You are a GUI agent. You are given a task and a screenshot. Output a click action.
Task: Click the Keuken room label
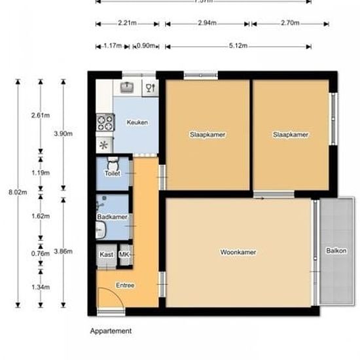click(x=137, y=122)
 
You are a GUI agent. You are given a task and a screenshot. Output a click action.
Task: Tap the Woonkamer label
click(x=238, y=251)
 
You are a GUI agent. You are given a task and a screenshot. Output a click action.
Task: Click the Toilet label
click(x=113, y=173)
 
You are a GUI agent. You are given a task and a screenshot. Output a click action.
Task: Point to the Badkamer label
click(x=111, y=217)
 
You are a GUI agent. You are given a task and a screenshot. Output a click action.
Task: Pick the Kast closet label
click(x=106, y=255)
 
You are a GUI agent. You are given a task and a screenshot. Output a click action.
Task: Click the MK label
click(x=124, y=255)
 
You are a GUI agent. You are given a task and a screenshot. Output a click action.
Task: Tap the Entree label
click(x=126, y=285)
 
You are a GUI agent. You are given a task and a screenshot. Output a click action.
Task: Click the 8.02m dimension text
click(x=18, y=192)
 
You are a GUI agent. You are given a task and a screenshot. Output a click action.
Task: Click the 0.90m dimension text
click(x=146, y=46)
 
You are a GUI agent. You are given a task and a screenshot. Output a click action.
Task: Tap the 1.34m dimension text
click(x=41, y=287)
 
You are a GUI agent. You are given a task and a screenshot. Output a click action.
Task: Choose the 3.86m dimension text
click(x=63, y=251)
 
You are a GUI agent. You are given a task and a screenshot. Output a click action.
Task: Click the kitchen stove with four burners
click(x=105, y=122)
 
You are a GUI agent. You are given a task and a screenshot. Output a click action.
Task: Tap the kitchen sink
click(x=126, y=86)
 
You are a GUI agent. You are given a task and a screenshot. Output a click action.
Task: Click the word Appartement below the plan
click(x=111, y=331)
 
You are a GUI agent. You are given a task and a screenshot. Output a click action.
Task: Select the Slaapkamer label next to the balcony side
click(x=291, y=135)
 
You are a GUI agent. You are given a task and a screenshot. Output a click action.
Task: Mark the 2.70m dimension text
click(x=289, y=24)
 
